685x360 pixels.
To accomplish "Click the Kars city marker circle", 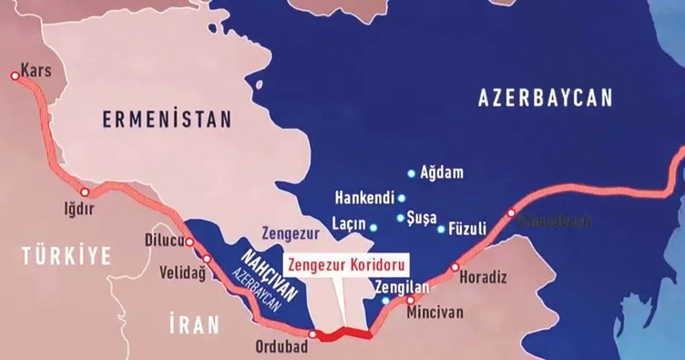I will (x=15, y=77).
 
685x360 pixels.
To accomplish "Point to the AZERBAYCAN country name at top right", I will (x=546, y=99).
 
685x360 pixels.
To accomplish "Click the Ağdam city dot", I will (x=412, y=172).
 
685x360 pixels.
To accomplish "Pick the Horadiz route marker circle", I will (x=455, y=267).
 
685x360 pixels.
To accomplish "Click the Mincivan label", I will (x=435, y=312).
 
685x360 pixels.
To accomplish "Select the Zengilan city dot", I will (x=385, y=300).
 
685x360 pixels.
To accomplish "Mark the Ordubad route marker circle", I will (x=312, y=334).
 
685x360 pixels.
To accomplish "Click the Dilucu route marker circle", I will (x=190, y=242).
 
